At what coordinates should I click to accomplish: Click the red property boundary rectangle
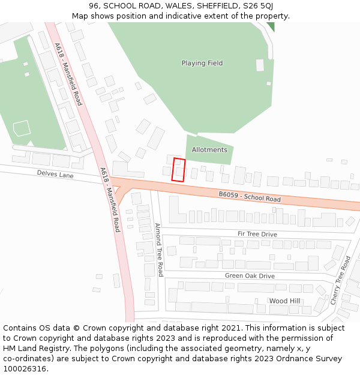pyautogui.click(x=178, y=170)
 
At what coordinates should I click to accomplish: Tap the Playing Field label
pyautogui.click(x=202, y=63)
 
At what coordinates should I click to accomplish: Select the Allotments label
pyautogui.click(x=209, y=149)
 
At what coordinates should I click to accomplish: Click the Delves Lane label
pyautogui.click(x=55, y=173)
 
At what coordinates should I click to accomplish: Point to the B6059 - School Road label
pyautogui.click(x=249, y=196)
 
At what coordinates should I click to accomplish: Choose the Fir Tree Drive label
pyautogui.click(x=257, y=234)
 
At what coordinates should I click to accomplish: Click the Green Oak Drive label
pyautogui.click(x=250, y=276)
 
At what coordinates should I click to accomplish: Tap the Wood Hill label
pyautogui.click(x=284, y=301)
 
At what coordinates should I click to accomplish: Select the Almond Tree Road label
pyautogui.click(x=159, y=250)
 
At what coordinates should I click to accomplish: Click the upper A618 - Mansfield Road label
pyautogui.click(x=68, y=74)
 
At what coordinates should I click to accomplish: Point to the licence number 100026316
pyautogui.click(x=25, y=368)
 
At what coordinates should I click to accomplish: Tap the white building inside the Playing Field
pyautogui.click(x=260, y=65)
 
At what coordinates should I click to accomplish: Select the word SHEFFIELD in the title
pyautogui.click(x=213, y=5)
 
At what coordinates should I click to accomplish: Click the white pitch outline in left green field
pyautogui.click(x=22, y=128)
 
